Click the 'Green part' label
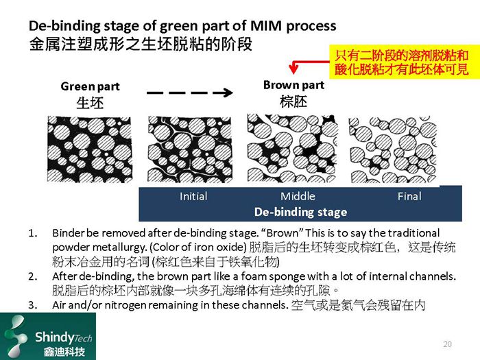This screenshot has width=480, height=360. (x=90, y=86)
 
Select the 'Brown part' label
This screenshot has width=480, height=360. (x=293, y=85)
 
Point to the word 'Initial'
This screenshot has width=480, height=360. (x=193, y=196)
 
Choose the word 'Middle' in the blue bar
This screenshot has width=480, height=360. (x=298, y=196)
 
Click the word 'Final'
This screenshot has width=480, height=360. (x=409, y=196)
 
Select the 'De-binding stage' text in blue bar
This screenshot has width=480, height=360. (x=300, y=211)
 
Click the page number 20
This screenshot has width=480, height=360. (x=448, y=343)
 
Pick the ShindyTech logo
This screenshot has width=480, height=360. (x=48, y=336)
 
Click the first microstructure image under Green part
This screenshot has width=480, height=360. (x=89, y=149)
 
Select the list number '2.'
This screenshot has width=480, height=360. (x=32, y=276)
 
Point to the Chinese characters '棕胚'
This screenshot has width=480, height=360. (x=293, y=101)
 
